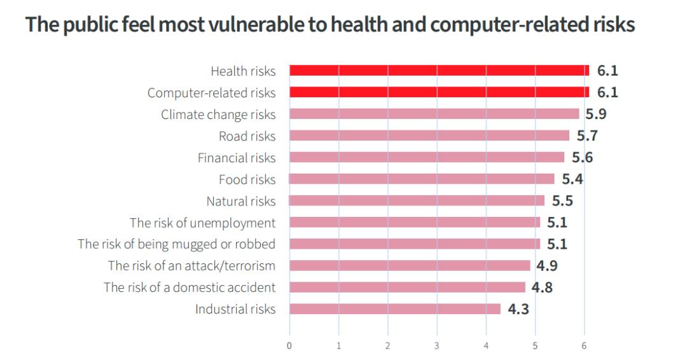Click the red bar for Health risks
coord(439,71)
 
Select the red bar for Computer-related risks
coord(439,92)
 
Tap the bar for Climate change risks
coord(434,114)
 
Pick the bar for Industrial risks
coord(395,309)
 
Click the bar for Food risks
coord(422,179)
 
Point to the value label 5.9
coord(595,114)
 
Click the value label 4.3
coord(518,310)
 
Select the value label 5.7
coord(587,135)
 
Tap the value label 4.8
coord(542,287)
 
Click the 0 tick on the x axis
coord(289,345)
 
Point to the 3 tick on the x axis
coord(436,345)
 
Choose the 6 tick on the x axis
coord(584,345)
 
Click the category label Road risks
coord(247,136)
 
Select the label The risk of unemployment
coord(202,223)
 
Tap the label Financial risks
coord(237,158)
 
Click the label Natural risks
coord(240,201)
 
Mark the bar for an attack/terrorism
coord(410,266)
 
